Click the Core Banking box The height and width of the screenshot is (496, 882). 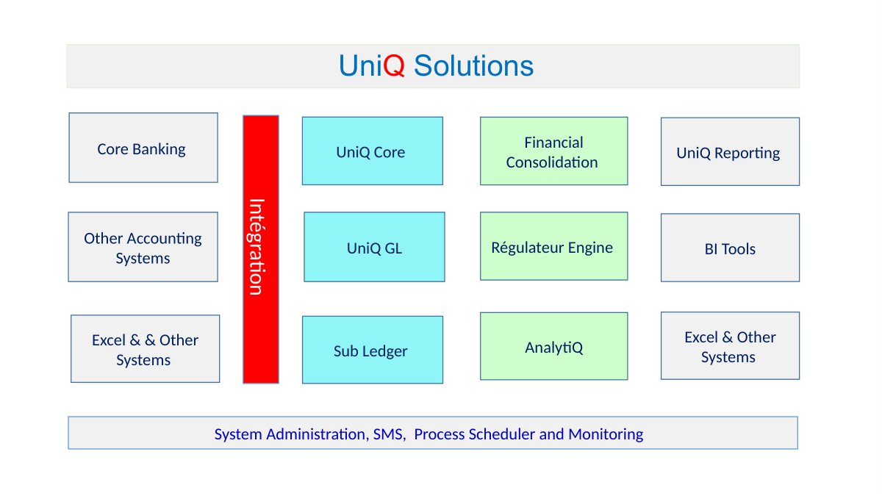click(143, 148)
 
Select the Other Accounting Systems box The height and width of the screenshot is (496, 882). click(143, 247)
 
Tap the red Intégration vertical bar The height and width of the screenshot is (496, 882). click(261, 249)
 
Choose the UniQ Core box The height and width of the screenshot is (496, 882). click(372, 151)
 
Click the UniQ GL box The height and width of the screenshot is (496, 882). click(374, 247)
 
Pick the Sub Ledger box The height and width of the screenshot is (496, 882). click(372, 350)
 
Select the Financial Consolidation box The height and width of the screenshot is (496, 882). click(553, 151)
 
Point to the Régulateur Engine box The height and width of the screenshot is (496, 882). click(553, 246)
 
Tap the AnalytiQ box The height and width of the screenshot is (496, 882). click(553, 346)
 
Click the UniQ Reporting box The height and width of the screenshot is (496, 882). click(730, 151)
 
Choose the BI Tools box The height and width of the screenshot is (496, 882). click(730, 248)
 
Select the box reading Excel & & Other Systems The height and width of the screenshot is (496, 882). click(145, 349)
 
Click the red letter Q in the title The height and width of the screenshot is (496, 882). click(395, 66)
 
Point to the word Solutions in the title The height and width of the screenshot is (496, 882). click(473, 66)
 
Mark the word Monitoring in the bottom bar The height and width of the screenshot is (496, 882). click(605, 434)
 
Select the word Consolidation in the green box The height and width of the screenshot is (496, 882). click(552, 162)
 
